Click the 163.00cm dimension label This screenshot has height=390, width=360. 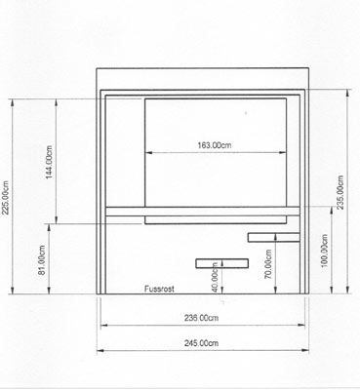coord(215,145)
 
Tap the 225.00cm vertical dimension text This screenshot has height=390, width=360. coord(6,197)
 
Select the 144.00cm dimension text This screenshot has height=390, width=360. coord(49,162)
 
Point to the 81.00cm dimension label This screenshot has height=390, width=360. coord(42,259)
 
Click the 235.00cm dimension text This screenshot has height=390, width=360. coord(340,192)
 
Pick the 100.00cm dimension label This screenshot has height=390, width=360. coord(324,251)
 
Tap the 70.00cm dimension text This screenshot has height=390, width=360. coord(268,264)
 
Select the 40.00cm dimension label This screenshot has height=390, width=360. coord(215,277)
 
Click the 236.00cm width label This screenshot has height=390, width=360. coord(201,318)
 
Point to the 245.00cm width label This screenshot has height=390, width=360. coord(201,343)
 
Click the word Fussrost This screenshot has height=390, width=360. coord(159,289)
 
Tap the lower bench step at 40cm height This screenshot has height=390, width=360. coord(222,263)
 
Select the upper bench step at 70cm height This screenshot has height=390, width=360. coord(274,237)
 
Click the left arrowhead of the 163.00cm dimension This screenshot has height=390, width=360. coord(148,153)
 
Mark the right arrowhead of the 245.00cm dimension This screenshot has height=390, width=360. coord(305,350)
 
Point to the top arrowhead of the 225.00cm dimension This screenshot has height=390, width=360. coord(13,102)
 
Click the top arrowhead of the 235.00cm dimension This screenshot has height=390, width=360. coord(348,93)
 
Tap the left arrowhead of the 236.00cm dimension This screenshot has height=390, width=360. coord(104,325)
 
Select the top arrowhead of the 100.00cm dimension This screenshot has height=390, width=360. coord(332,211)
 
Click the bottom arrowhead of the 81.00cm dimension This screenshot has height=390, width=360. coord(49,291)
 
